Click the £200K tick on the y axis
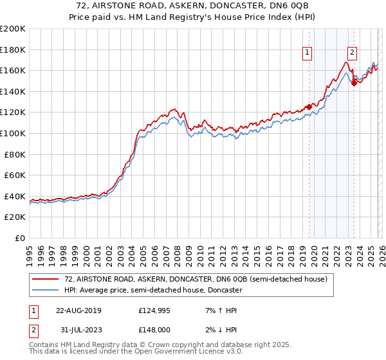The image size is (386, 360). [13, 29]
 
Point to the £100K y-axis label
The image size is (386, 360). [13, 133]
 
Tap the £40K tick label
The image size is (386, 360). [15, 196]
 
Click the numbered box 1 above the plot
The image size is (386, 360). [308, 53]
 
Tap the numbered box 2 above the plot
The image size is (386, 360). [353, 53]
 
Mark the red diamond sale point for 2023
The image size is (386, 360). [354, 82]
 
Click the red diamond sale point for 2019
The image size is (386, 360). [309, 107]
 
